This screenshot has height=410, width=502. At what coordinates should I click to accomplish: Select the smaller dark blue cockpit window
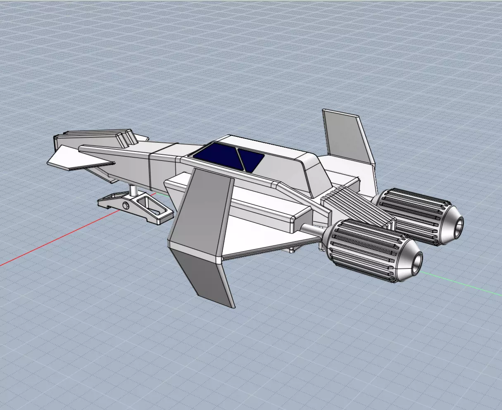(251, 159)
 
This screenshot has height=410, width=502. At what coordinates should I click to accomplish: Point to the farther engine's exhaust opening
(457, 228)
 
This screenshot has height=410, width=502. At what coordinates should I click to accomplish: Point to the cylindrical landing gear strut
(134, 191)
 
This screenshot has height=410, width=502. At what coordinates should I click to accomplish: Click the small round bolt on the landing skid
(125, 206)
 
